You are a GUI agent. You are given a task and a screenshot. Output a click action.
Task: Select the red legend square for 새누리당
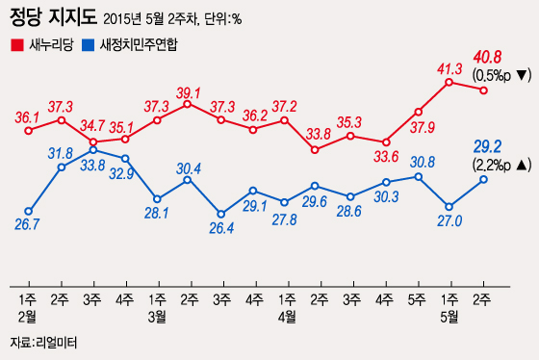point(15,44)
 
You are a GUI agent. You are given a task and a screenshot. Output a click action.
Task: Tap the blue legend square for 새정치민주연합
point(88,44)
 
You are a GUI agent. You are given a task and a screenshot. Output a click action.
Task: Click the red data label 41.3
point(450,67)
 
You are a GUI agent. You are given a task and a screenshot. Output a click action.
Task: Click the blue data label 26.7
point(28,225)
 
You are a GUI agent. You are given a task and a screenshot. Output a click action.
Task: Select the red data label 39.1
point(189,92)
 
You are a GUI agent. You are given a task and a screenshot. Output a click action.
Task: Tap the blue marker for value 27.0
point(450,206)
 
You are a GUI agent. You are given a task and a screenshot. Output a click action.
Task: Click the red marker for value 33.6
point(387,141)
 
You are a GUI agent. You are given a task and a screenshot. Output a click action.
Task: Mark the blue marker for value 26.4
point(220,213)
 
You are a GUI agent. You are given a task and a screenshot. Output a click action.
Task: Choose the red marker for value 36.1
point(29,129)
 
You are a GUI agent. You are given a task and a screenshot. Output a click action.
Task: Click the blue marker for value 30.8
point(419,176)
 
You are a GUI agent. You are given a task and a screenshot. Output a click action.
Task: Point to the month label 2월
point(28,315)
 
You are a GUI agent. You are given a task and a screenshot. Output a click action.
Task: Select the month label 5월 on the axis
point(449,315)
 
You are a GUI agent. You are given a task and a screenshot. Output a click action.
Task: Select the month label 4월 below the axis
point(285,315)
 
